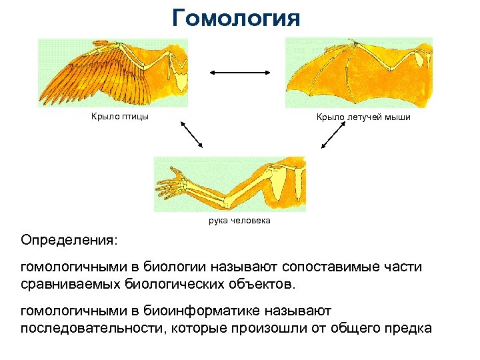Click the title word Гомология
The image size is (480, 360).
click(x=236, y=17)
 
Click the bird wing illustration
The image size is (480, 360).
click(x=113, y=73)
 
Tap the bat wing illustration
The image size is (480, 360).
click(x=359, y=73)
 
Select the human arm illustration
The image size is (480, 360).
click(x=229, y=184)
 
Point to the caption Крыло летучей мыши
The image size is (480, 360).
click(x=363, y=117)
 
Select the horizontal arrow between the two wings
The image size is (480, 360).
click(x=239, y=73)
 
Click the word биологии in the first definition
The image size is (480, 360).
click(x=178, y=267)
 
